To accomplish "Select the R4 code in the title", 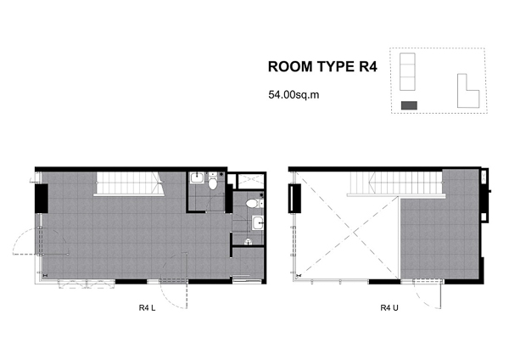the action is point(368,66).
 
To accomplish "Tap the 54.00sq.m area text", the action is point(294,95).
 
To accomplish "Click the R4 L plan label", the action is point(147,307).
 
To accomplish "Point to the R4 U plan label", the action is point(389,307).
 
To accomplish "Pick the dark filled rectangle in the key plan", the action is point(410,105).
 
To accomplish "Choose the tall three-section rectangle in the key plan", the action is point(407,71).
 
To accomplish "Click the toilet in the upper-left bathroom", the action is point(213,182).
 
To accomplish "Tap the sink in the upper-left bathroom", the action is point(197,178).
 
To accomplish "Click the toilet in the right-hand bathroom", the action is point(253,204).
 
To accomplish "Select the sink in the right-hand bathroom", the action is point(258,223).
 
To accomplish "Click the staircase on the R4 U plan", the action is point(396,184).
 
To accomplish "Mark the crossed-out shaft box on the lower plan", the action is point(251,181).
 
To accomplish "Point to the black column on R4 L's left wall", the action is point(42,199).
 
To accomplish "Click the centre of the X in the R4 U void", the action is point(353,233).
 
